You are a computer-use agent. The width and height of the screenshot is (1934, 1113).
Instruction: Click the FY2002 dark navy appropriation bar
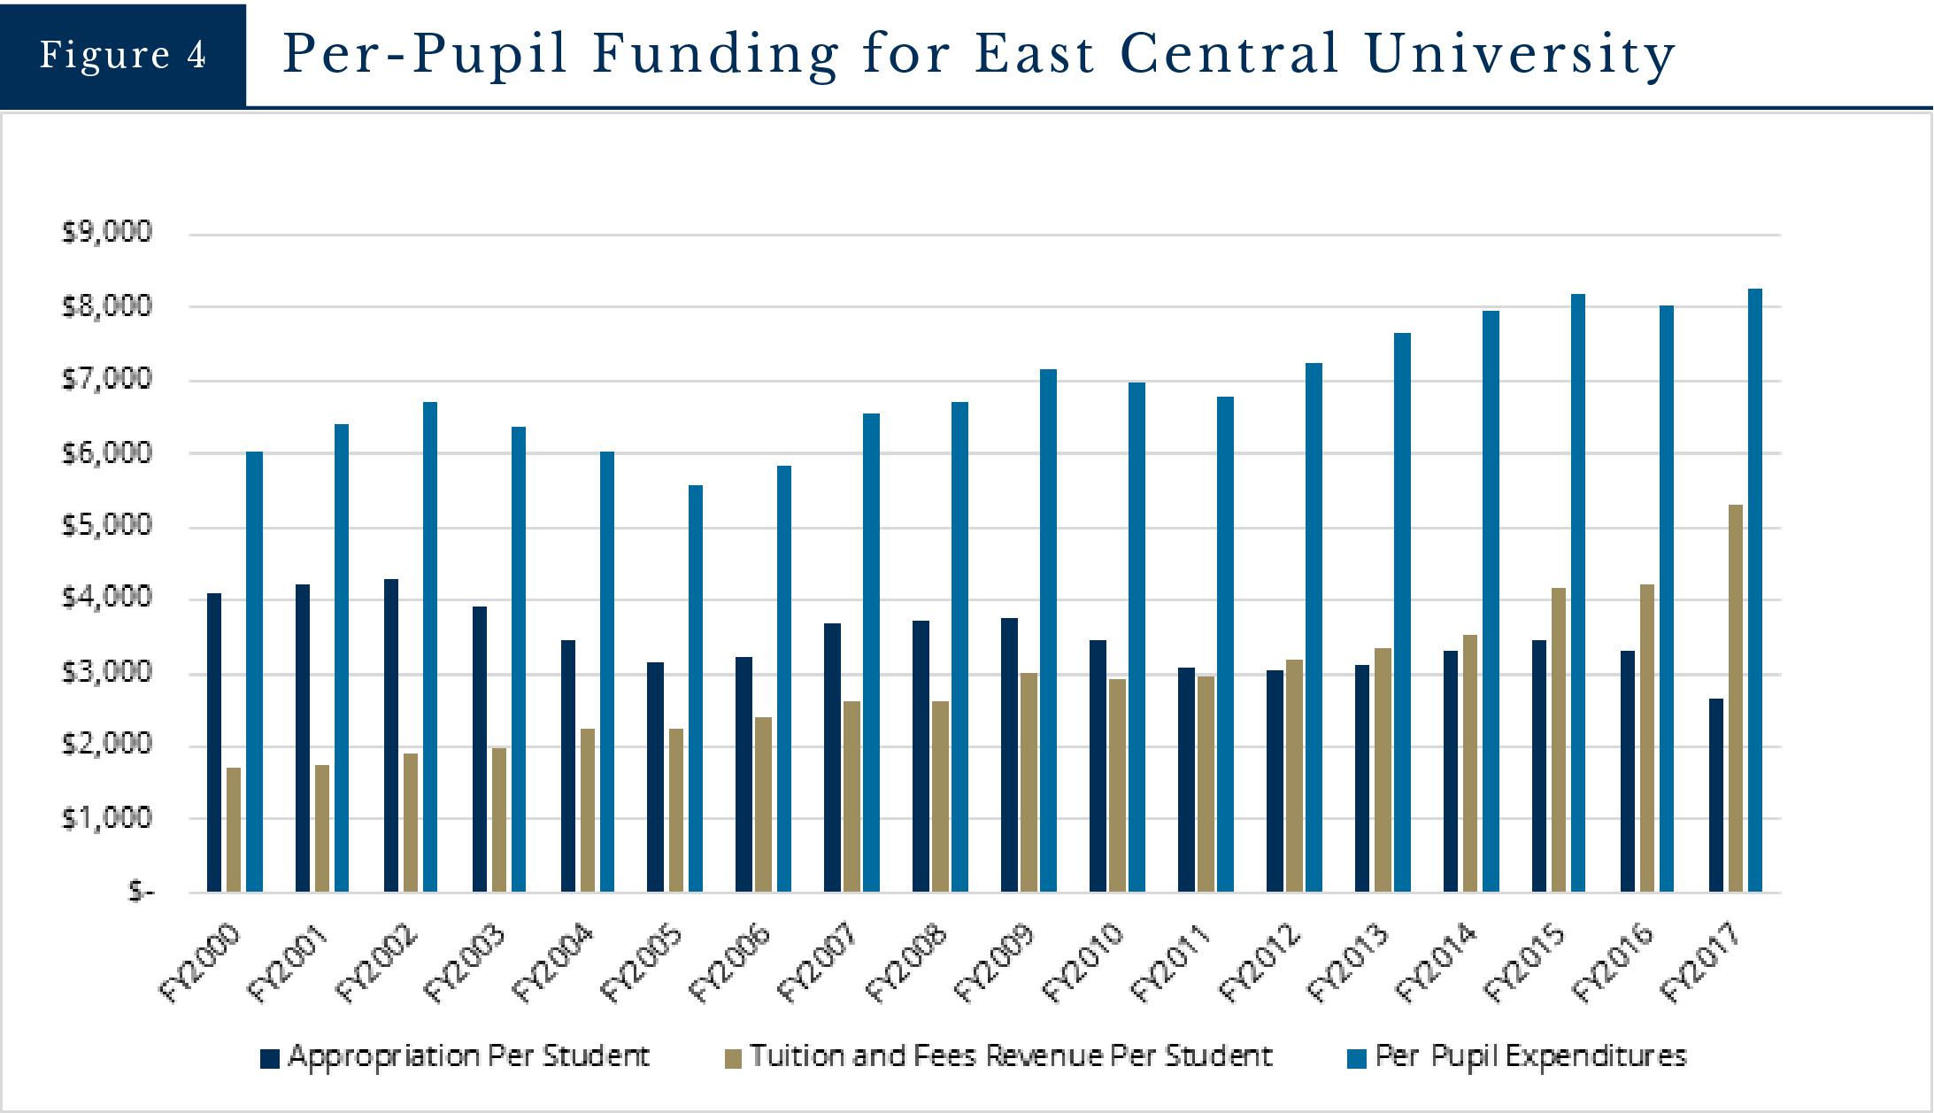pyautogui.click(x=391, y=735)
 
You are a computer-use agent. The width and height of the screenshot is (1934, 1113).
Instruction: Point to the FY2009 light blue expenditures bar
pyautogui.click(x=1049, y=630)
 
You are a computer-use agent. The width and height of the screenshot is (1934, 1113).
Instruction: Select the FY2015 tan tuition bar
pyautogui.click(x=1559, y=739)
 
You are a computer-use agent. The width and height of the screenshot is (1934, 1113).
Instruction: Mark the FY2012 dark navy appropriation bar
pyautogui.click(x=1275, y=780)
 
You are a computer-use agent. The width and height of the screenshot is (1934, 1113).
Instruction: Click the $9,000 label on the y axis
pyautogui.click(x=107, y=233)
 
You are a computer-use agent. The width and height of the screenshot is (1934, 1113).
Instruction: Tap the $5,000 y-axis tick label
pyautogui.click(x=107, y=526)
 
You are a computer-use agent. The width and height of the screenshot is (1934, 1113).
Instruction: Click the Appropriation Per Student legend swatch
pyautogui.click(x=270, y=1057)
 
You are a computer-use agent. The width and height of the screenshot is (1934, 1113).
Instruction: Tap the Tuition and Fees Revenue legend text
pyautogui.click(x=1011, y=1055)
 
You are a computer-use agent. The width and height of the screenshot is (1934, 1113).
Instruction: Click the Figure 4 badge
pyautogui.click(x=123, y=55)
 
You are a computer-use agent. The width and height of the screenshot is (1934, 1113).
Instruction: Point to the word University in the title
pyautogui.click(x=1520, y=55)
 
